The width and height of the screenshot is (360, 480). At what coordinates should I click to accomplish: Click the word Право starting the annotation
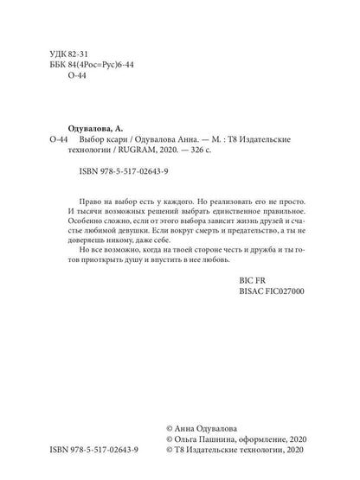(x=93, y=199)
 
